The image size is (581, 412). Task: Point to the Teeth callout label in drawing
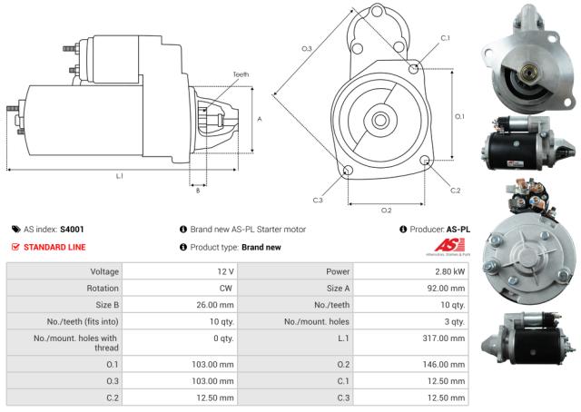click(240, 74)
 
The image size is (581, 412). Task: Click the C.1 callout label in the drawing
click(445, 38)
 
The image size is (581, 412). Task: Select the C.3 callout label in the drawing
click(318, 200)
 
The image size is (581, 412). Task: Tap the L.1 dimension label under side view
click(120, 174)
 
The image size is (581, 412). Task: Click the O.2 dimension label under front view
click(386, 210)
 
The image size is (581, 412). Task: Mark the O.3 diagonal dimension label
click(306, 47)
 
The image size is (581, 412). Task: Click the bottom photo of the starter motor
click(529, 334)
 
